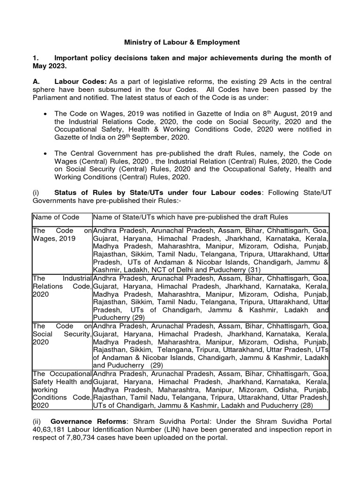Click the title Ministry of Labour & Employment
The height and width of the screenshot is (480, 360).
coord(181,42)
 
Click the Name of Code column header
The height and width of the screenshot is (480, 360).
coord(56,217)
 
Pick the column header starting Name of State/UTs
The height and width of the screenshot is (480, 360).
coord(190,217)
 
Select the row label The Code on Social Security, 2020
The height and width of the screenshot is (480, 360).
coord(61,334)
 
